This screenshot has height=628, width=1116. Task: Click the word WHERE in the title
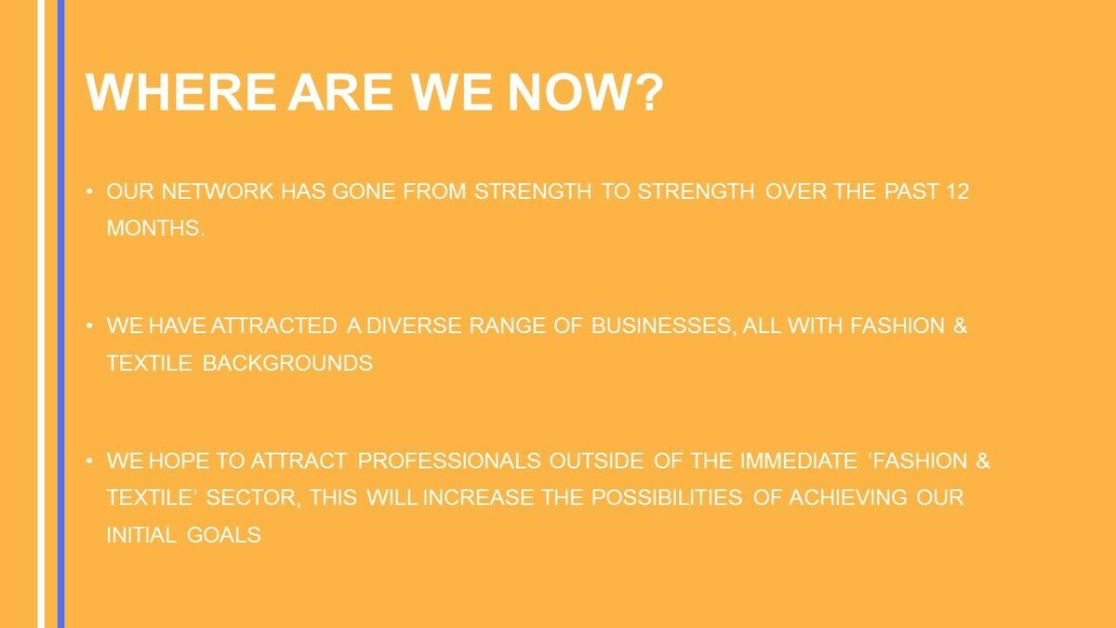[x=180, y=92]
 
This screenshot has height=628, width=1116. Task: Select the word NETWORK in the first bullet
[x=218, y=192]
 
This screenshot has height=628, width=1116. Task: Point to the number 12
[x=958, y=192]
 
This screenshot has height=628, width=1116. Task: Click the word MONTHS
[x=155, y=228]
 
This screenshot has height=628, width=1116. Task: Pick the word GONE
[x=364, y=192]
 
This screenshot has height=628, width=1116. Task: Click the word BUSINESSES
[x=663, y=327]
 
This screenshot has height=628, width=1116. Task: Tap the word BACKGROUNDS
[x=287, y=364]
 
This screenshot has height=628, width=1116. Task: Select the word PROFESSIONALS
[x=449, y=461]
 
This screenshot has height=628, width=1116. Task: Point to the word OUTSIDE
[x=596, y=461]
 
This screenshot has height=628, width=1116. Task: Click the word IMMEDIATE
[x=799, y=461]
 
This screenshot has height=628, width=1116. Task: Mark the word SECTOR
[x=254, y=499]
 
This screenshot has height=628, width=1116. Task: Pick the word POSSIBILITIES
[x=667, y=498]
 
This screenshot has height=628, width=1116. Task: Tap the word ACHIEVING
[x=848, y=498]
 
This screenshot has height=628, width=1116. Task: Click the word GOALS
[x=224, y=535]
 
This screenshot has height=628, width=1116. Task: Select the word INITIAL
[x=141, y=535]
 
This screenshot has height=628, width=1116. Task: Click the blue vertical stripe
[x=60, y=314]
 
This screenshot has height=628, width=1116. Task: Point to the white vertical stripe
[x=41, y=314]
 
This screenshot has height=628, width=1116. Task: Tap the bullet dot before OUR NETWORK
[x=89, y=191]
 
